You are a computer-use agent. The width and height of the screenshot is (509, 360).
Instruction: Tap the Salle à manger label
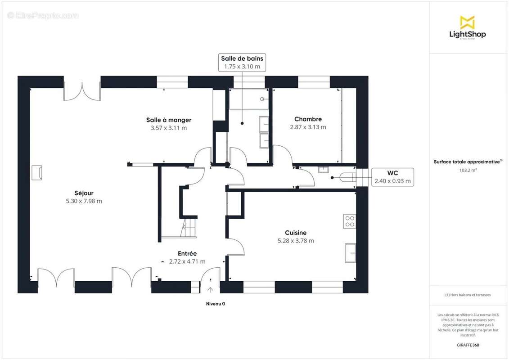[168, 120]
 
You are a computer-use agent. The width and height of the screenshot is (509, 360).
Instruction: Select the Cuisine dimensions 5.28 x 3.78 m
[296, 241]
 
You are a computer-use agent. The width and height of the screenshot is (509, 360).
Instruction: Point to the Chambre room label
[308, 119]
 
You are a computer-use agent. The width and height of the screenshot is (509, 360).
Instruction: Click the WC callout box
[392, 177]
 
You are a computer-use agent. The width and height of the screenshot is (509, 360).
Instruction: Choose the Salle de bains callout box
[242, 62]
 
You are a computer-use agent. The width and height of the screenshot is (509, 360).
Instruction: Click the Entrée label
[187, 253]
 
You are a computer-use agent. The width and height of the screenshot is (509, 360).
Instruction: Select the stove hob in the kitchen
[350, 221]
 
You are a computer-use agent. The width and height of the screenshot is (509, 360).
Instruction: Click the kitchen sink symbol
[350, 252]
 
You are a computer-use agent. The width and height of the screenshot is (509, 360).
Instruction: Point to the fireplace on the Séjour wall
[37, 173]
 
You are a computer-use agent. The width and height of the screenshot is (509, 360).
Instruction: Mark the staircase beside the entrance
[189, 227]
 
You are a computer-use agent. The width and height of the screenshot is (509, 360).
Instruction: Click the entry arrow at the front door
[210, 289]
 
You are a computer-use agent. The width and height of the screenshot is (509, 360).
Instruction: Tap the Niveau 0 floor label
[215, 304]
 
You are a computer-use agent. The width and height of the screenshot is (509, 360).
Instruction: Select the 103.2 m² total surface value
[468, 171]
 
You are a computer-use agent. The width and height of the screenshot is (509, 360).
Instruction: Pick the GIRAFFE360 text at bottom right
[468, 345]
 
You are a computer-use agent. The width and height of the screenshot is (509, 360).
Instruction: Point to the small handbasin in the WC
[323, 170]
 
